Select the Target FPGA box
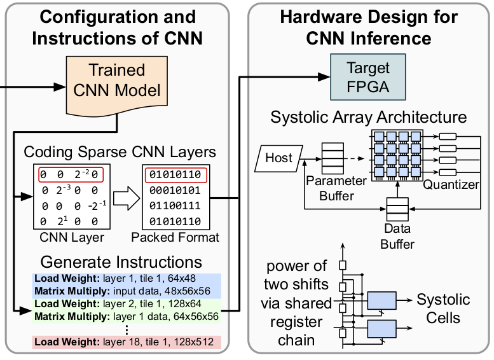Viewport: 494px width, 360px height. coord(368,77)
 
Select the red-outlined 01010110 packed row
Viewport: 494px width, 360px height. coord(175,174)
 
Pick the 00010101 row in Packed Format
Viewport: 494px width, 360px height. coord(175,190)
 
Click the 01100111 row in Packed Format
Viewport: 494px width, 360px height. coord(175,205)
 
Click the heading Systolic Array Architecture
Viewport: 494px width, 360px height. coord(368,118)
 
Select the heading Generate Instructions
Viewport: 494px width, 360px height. coord(121,261)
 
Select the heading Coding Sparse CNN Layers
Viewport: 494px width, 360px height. coord(120,153)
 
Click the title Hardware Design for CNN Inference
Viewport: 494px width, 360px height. coord(368,27)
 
